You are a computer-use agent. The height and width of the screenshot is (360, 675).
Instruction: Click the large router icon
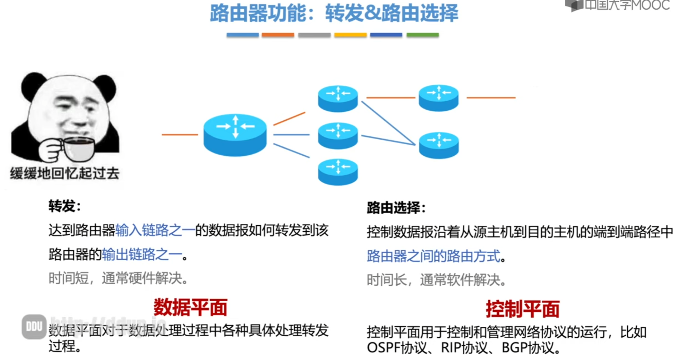tap(235, 134)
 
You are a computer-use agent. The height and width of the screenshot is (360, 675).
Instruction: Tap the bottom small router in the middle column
tap(338, 171)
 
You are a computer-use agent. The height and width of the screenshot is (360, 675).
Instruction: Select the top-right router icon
tap(438, 98)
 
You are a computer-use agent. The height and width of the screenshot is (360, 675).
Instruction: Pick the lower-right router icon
tap(439, 145)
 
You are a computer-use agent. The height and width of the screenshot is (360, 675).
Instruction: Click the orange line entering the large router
tap(180, 135)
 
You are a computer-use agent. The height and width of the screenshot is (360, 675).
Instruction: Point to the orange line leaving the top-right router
tap(491, 98)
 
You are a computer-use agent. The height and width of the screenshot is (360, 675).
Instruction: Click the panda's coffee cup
tap(79, 148)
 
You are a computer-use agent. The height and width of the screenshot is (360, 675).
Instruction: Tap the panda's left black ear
tap(33, 84)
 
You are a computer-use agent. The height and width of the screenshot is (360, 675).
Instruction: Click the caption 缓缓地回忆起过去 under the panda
tap(64, 173)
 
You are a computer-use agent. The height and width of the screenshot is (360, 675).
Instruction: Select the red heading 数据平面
tap(190, 307)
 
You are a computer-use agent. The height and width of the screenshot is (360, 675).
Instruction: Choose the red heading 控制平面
tap(522, 309)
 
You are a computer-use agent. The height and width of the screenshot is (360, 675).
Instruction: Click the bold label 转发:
tap(65, 206)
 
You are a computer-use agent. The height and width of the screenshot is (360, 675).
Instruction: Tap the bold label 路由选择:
tap(396, 208)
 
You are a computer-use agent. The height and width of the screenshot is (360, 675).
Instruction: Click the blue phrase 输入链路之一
tap(155, 230)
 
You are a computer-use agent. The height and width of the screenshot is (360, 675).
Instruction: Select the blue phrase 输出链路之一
tap(142, 254)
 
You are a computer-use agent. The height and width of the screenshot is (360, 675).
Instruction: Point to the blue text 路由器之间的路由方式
tap(434, 256)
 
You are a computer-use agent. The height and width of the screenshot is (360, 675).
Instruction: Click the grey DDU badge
tap(34, 327)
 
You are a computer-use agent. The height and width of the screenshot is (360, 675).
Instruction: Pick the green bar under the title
tap(423, 35)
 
